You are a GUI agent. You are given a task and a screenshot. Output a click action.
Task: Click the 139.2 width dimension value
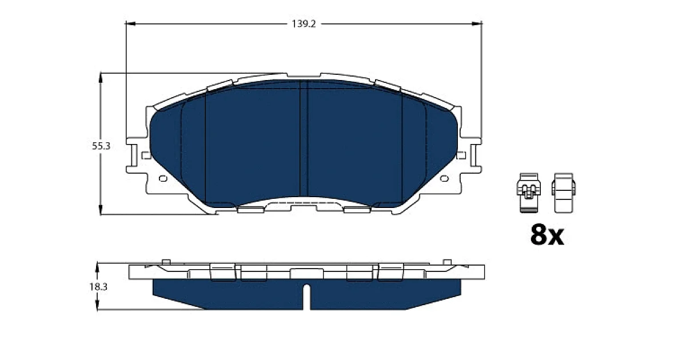pyautogui.click(x=304, y=24)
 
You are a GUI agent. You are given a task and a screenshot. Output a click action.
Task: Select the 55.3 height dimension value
pyautogui.click(x=101, y=146)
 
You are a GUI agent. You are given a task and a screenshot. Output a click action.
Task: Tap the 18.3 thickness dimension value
pyautogui.click(x=98, y=287)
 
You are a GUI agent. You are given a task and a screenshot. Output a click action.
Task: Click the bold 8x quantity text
pyautogui.click(x=547, y=235)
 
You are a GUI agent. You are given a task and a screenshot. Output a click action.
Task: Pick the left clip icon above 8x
pyautogui.click(x=529, y=193)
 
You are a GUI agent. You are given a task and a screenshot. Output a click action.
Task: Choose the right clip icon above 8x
pyautogui.click(x=564, y=193)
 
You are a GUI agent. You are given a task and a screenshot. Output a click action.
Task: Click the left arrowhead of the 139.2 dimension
pyautogui.click(x=130, y=23)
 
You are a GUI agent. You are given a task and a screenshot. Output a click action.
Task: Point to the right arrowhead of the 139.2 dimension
pyautogui.click(x=477, y=23)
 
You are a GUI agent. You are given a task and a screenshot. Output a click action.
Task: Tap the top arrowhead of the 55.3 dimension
pyautogui.click(x=101, y=78)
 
